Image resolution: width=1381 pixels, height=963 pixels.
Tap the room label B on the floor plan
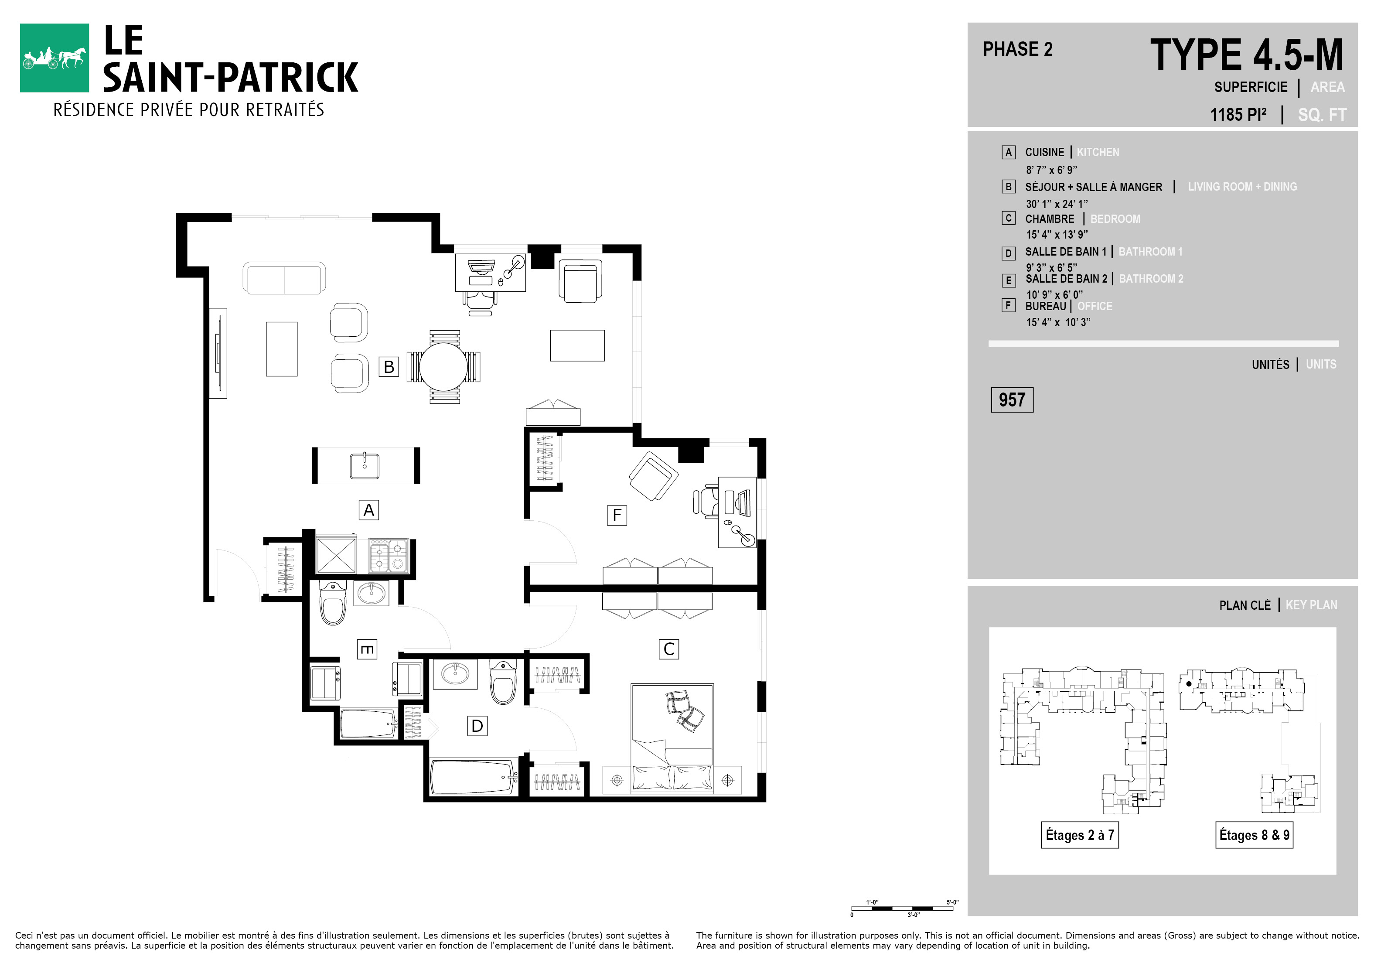[389, 366]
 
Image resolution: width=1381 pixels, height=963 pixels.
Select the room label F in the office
[617, 515]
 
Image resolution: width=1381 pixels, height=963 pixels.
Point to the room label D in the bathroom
[477, 726]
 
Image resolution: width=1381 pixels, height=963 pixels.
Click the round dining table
[443, 366]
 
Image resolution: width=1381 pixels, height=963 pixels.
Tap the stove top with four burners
[388, 555]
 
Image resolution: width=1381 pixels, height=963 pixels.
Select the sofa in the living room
[284, 278]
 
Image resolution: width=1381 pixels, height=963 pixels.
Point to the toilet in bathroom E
[333, 603]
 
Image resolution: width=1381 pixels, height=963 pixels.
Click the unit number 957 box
[1012, 400]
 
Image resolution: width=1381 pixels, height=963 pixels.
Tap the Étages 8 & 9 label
[1254, 835]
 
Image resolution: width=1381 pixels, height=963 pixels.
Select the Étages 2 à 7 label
[1080, 835]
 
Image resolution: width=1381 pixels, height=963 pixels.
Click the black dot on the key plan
[1189, 684]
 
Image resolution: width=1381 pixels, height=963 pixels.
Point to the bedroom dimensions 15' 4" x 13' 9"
[1057, 235]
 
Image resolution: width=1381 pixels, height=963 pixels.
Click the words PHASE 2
[1018, 49]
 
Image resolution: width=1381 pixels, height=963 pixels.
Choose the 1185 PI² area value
[1238, 114]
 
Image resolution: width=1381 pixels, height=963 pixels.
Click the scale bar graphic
[902, 908]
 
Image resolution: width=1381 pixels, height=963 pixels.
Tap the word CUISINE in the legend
[1044, 152]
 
